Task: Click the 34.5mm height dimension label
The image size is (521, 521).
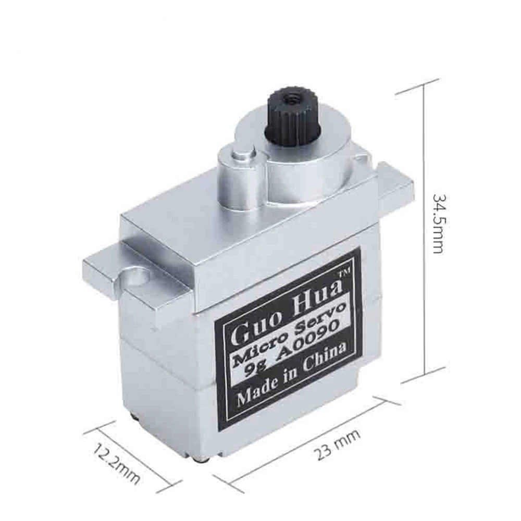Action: (437, 224)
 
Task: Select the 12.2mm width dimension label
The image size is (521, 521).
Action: (116, 463)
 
